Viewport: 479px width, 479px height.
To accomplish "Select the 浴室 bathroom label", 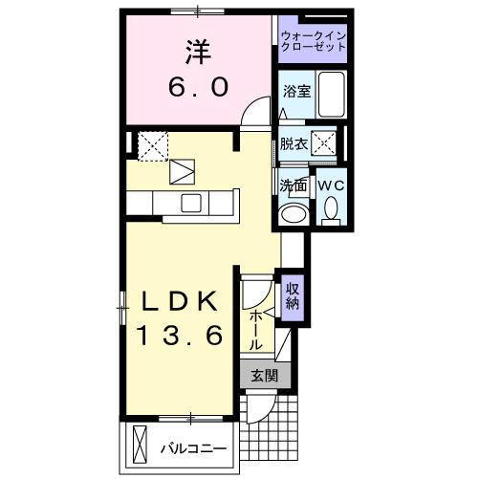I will (x=295, y=92).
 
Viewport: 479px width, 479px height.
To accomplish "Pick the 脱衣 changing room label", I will (x=293, y=144).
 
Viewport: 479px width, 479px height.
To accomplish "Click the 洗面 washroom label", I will (x=293, y=185).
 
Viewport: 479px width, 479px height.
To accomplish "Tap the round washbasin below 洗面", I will (x=293, y=213).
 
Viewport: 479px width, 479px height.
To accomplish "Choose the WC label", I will (x=330, y=184).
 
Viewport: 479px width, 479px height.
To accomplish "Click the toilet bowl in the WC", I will (x=330, y=207).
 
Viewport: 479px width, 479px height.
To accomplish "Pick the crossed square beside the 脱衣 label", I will (x=325, y=143).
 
